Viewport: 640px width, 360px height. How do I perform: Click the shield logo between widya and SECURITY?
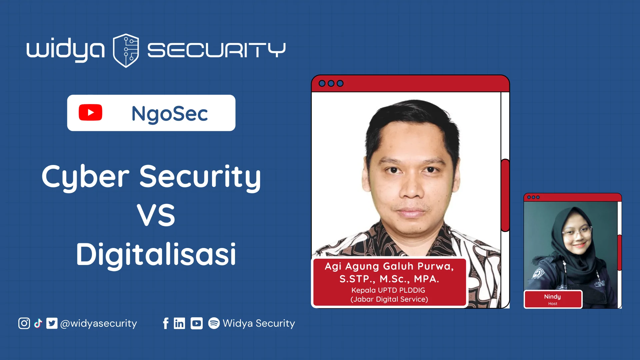coord(126,50)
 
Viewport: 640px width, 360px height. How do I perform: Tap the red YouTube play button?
coord(90,113)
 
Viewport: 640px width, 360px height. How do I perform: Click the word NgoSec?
coord(170,114)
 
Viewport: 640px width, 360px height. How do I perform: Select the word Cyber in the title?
coord(85,177)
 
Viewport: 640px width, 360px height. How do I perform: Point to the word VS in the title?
coord(156,215)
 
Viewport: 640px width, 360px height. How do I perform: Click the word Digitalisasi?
coord(156,255)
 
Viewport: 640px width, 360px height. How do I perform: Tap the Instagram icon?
coord(24,323)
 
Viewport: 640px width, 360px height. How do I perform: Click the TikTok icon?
coord(38,323)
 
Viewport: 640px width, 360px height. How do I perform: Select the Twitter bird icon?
coord(52,323)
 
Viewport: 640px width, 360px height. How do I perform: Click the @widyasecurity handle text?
coord(99,324)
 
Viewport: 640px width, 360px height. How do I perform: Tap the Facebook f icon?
coord(166,323)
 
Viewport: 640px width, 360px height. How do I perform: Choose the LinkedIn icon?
coord(179,323)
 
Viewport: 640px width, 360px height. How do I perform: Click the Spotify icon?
coord(214,323)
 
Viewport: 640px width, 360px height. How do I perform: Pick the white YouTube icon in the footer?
coord(197,323)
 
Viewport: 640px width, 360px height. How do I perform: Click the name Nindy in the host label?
coord(553,297)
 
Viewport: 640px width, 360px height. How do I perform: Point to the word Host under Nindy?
coord(553,304)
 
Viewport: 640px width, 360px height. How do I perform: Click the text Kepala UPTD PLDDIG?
coord(388,290)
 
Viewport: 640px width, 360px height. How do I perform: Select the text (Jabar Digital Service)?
coord(389,299)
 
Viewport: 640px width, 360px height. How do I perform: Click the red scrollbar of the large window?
coord(505,195)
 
